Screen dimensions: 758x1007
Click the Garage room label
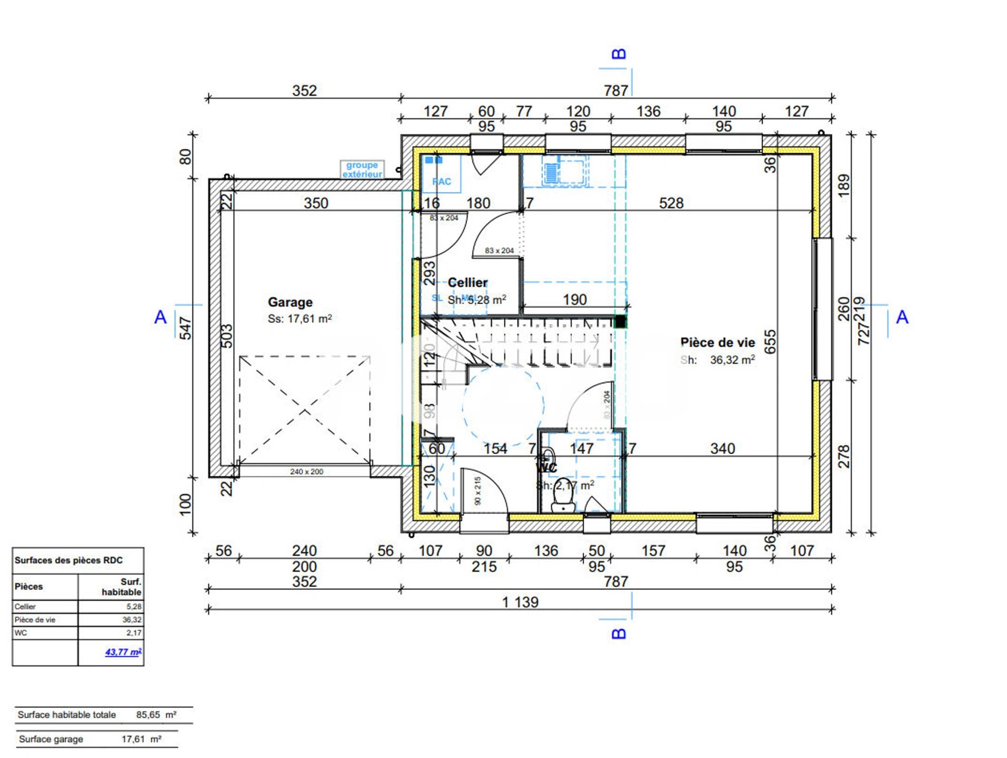(x=290, y=302)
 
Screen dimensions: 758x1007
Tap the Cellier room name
(x=467, y=283)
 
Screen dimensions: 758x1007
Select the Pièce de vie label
(x=717, y=343)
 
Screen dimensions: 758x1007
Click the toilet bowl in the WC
(x=563, y=504)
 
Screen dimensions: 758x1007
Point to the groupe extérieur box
(x=362, y=169)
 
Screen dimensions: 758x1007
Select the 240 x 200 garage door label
(x=306, y=472)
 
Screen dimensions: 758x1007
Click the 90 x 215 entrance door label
(x=477, y=491)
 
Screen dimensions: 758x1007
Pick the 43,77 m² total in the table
(x=123, y=652)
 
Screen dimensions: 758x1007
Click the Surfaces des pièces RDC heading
(x=68, y=560)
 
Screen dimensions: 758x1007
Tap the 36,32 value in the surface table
(x=132, y=620)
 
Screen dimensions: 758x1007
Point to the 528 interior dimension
(x=671, y=203)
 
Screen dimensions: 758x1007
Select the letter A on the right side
(x=902, y=317)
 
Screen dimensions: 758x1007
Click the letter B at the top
(x=619, y=54)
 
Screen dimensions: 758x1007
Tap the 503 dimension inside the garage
(x=226, y=336)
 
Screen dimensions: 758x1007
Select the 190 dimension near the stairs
(x=574, y=300)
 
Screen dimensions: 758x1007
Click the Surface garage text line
(x=51, y=739)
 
